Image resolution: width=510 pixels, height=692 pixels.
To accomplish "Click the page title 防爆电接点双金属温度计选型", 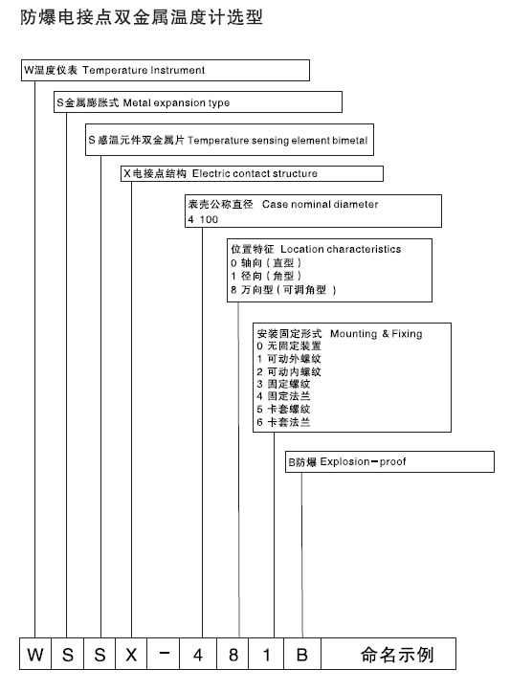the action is (141, 17).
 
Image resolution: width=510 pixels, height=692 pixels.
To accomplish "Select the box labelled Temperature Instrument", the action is (165, 70).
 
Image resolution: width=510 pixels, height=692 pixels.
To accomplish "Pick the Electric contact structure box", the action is (253, 173).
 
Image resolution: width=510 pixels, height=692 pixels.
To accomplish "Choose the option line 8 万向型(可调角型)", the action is (284, 289).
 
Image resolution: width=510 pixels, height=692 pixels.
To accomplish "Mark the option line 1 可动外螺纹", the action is (288, 358).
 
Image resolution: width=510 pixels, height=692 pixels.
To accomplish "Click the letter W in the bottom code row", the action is (35, 656).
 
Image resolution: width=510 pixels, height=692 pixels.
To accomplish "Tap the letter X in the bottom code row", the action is (131, 656).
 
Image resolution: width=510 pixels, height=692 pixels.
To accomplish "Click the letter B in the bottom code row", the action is (301, 656).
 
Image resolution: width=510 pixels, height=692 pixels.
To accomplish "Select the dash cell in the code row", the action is (164, 656).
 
